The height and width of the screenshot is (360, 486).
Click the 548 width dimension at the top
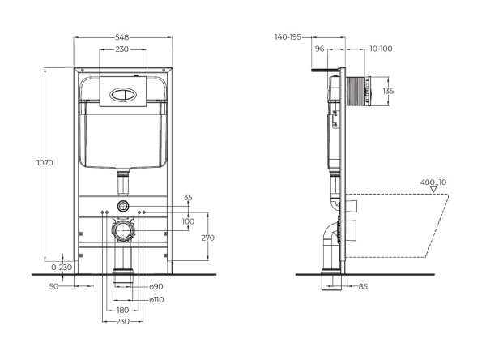pos(123,37)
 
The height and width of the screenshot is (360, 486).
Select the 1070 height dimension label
pos(45,163)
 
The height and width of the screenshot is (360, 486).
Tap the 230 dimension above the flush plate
pos(122,51)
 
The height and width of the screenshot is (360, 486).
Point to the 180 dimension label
pos(122,310)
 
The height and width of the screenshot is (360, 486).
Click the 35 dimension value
pos(188,197)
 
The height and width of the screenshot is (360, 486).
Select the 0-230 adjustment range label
pos(61,266)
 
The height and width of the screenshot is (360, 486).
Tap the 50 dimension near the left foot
pos(53,286)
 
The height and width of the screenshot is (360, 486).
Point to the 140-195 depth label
pos(288,37)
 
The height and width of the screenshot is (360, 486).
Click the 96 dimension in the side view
pos(319,49)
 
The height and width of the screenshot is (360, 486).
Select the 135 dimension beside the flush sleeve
pos(387,91)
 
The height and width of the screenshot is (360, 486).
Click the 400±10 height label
pos(433,182)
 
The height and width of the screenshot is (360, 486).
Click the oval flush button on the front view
pos(123,92)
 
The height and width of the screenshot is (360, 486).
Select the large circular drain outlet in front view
pos(123,231)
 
